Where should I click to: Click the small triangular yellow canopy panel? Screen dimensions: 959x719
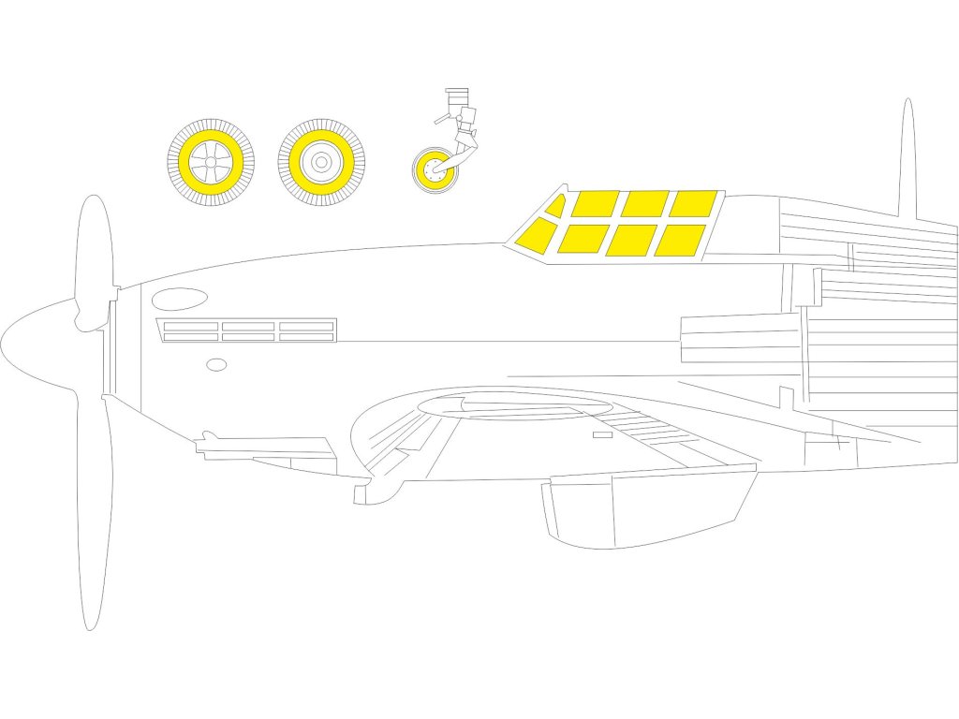point(556,207)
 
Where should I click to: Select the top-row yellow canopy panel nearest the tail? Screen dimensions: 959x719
point(693,203)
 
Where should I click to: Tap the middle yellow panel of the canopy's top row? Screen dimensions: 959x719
point(644,203)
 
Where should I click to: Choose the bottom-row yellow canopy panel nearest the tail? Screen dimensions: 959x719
point(680,240)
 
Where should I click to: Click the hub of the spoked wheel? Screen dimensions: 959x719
point(211,162)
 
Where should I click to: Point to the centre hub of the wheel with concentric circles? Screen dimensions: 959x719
point(321,162)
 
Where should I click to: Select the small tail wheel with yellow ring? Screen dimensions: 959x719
point(433,170)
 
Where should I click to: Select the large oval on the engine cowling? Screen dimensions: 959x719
point(180,299)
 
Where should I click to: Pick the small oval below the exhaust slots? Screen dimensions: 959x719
point(216,364)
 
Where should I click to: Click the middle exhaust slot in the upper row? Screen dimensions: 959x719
point(248,326)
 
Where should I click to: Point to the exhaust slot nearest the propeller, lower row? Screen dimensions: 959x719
point(190,337)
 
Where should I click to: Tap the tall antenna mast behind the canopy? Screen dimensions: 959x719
point(907,159)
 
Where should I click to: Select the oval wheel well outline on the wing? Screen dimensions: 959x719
point(515,405)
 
